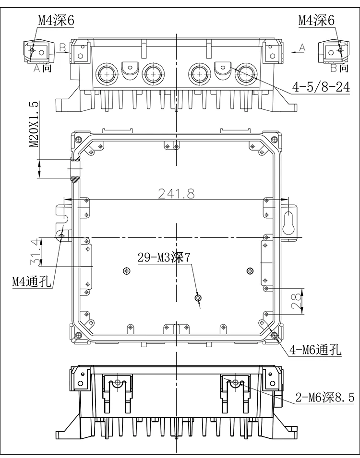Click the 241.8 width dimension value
click(x=177, y=193)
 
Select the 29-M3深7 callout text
click(x=164, y=257)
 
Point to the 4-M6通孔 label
click(x=315, y=351)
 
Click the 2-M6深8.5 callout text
click(x=325, y=397)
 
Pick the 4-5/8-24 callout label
click(x=321, y=87)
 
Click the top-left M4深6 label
click(x=56, y=20)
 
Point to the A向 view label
click(x=43, y=68)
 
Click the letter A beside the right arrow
click(x=301, y=47)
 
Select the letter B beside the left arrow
click(x=62, y=47)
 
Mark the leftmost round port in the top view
click(x=106, y=73)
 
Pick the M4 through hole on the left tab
click(x=61, y=235)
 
